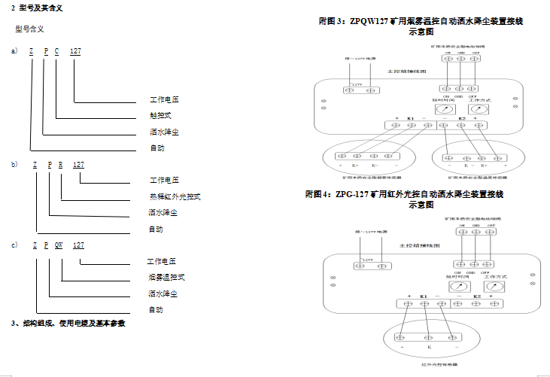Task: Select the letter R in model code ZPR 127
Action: tap(59, 163)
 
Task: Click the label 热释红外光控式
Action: tap(175, 196)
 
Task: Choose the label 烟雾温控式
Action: tap(166, 277)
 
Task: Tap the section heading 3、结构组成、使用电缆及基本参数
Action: tap(68, 324)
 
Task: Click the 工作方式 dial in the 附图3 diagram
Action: tap(474, 109)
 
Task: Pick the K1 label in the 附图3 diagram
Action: tap(411, 119)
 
